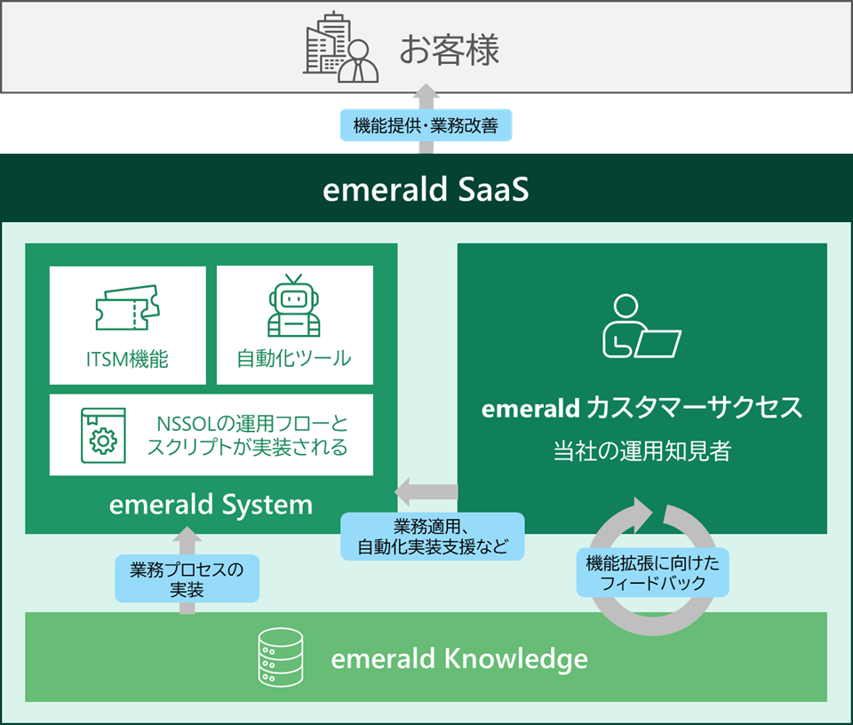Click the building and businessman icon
click(340, 47)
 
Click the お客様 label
click(450, 50)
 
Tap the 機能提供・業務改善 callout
click(426, 125)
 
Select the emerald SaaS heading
click(426, 189)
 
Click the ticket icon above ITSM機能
click(127, 307)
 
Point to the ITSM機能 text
click(127, 359)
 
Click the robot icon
click(294, 306)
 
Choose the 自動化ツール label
click(294, 358)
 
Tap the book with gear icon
click(103, 435)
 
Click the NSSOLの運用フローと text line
click(252, 424)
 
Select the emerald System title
click(211, 505)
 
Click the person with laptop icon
click(642, 326)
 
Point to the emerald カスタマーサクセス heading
click(642, 408)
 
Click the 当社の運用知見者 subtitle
click(642, 450)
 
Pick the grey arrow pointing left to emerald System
click(426, 491)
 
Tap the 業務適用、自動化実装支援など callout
click(433, 537)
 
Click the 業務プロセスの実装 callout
click(187, 578)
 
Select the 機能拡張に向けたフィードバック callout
click(653, 573)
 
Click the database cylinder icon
click(281, 657)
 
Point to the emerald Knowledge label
click(459, 658)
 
